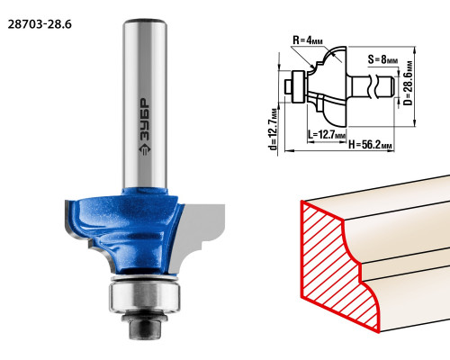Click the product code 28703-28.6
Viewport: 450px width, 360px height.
[x=40, y=24]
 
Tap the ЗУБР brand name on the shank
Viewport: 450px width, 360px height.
[x=145, y=120]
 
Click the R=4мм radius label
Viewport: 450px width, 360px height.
[x=308, y=40]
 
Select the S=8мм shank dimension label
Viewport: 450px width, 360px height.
[x=382, y=59]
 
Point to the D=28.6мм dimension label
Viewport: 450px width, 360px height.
[x=408, y=83]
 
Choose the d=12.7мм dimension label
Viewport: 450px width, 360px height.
[x=274, y=129]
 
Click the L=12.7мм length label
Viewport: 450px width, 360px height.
[x=327, y=134]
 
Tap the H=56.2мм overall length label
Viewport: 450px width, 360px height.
[x=371, y=145]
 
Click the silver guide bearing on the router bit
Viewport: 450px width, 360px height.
[x=145, y=295]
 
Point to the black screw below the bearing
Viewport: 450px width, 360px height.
[x=145, y=326]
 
